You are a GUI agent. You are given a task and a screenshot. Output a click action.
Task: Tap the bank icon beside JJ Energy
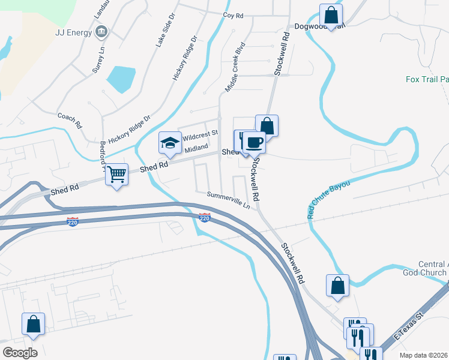click(x=101, y=31)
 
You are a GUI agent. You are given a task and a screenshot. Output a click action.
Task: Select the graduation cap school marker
click(x=170, y=143)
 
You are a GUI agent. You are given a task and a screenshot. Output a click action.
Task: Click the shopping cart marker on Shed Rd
click(x=117, y=175)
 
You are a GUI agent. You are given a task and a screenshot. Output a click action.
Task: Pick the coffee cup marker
click(x=254, y=142)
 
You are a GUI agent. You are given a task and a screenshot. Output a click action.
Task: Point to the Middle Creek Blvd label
click(x=235, y=67)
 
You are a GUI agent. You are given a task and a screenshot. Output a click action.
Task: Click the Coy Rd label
click(x=233, y=14)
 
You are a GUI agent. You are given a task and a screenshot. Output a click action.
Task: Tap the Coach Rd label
click(x=69, y=120)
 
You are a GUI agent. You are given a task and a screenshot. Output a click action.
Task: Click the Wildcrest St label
click(x=200, y=136)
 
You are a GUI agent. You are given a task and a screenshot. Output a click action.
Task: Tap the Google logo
click(x=20, y=353)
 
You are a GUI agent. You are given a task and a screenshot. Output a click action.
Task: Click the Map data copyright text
click(x=423, y=355)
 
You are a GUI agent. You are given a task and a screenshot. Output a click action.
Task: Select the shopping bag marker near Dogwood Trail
click(x=331, y=14)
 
